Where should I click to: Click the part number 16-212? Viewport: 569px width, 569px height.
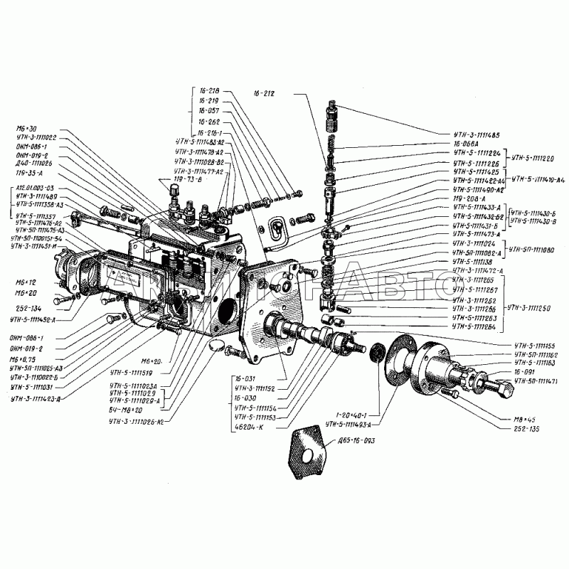click(x=263, y=92)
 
